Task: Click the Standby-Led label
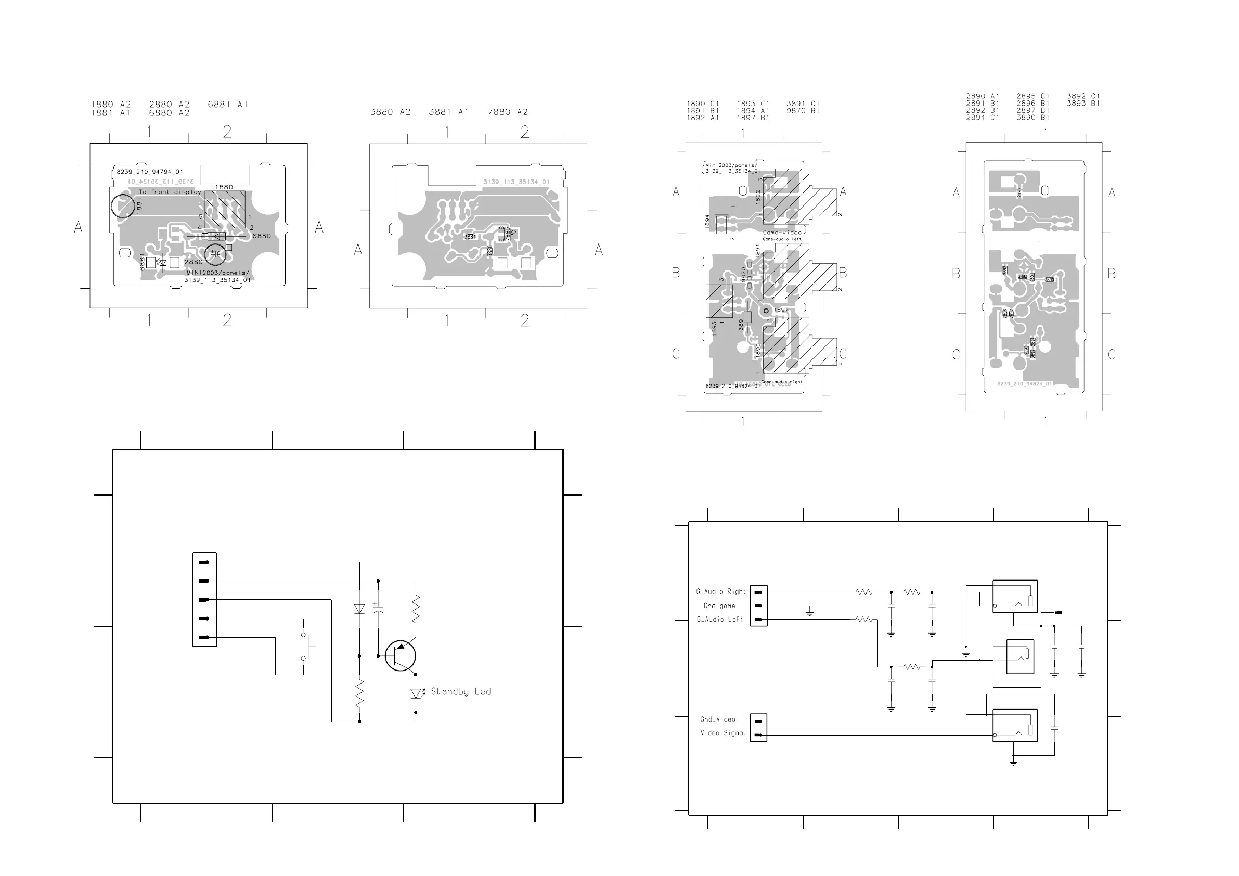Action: click(460, 691)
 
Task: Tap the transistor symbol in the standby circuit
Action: click(401, 656)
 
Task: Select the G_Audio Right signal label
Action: click(720, 591)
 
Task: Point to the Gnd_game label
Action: click(719, 606)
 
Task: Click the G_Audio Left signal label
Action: click(720, 620)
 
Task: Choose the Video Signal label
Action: click(722, 733)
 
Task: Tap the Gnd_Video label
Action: click(718, 719)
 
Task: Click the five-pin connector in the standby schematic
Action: click(204, 599)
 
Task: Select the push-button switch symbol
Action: click(305, 646)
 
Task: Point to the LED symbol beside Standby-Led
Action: click(416, 693)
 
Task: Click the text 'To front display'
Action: click(170, 191)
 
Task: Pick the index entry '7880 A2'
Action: click(507, 112)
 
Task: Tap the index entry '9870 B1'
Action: click(803, 111)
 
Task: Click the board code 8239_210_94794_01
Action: click(150, 172)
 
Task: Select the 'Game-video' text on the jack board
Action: click(782, 233)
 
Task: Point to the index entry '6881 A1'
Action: click(227, 104)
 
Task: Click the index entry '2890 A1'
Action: click(983, 96)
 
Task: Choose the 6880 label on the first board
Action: click(262, 236)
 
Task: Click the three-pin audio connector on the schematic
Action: click(758, 606)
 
